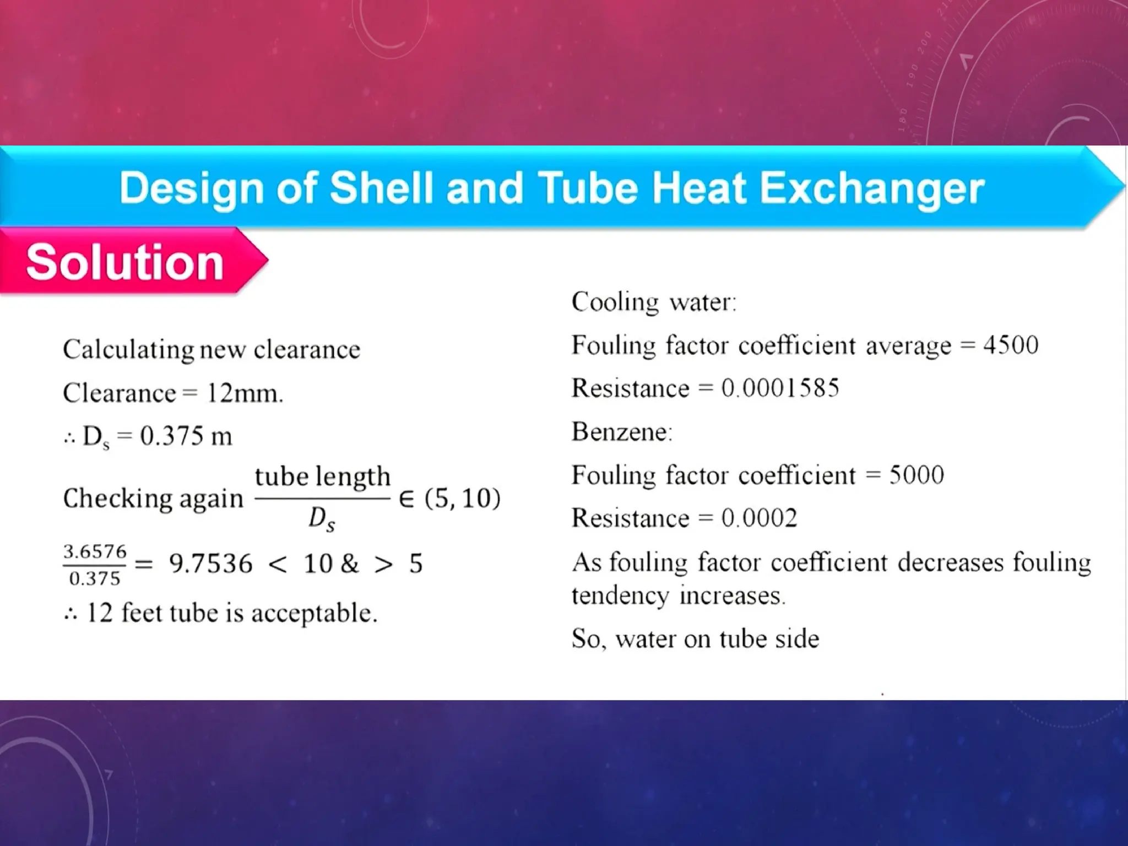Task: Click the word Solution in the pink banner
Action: click(124, 262)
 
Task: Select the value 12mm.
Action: click(244, 393)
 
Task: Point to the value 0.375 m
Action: click(186, 436)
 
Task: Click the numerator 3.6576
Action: click(95, 551)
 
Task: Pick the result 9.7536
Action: click(210, 563)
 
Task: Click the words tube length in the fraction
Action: click(322, 476)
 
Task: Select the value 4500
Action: click(1011, 345)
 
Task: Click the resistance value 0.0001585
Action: click(780, 388)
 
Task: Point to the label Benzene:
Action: click(622, 431)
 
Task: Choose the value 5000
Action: click(916, 475)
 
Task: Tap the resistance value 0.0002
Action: click(759, 518)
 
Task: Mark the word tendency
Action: click(620, 596)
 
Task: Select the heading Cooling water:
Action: click(654, 302)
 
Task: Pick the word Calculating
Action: click(128, 349)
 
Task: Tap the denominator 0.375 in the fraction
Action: click(95, 578)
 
